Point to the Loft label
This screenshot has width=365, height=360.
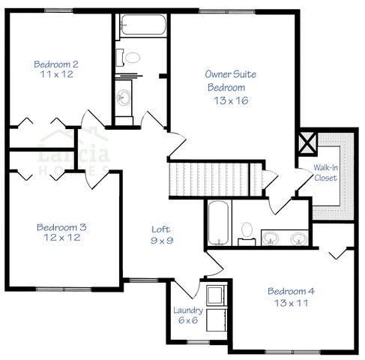[160, 229]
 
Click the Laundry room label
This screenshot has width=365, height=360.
[186, 310]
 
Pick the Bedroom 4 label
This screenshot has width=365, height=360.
[291, 291]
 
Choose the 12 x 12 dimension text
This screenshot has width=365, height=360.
[61, 238]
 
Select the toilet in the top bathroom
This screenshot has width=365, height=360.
[133, 58]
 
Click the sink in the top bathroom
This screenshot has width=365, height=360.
[124, 95]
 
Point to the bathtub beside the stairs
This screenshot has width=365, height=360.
[219, 223]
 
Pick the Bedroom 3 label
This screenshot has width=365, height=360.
[61, 226]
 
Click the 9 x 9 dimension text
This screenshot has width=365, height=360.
[160, 241]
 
